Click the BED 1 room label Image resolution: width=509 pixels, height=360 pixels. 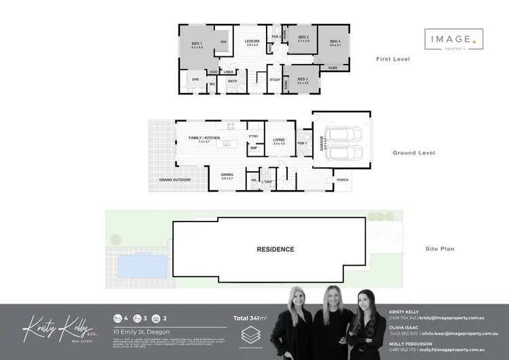pos(197,43)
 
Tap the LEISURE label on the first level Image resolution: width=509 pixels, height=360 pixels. pos(252,41)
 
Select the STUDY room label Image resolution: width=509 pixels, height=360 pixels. pos(275,80)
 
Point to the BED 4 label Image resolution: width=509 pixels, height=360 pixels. pos(335,42)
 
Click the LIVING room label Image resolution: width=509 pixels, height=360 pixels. pos(278,140)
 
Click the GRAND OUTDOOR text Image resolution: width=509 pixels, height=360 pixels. pos(175,180)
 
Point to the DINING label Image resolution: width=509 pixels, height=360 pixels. pos(227,175)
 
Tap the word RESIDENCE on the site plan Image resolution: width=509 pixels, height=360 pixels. pos(276,249)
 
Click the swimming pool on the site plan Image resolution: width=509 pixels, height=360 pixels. pos(140,264)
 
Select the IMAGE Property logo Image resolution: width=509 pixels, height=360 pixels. pos(454,40)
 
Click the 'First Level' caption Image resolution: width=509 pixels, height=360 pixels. pos(393,59)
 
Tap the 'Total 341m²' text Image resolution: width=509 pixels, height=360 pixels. pos(250,317)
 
